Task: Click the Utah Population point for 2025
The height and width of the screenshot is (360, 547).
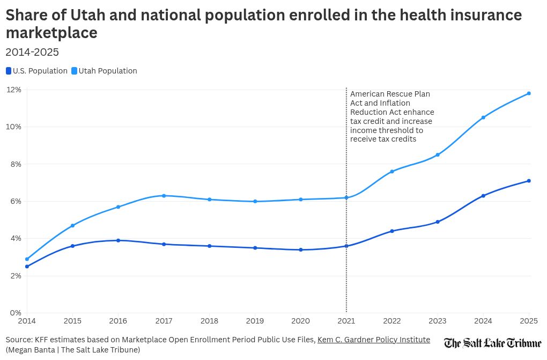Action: (529, 93)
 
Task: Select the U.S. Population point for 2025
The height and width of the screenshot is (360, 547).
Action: (529, 181)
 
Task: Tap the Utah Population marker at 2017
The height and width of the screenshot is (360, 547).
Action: (164, 196)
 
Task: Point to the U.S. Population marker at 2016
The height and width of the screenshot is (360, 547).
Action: (118, 240)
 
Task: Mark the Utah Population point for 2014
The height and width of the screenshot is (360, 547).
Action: (27, 259)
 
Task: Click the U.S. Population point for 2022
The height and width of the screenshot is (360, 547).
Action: (392, 231)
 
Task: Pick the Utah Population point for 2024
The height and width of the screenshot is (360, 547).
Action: (483, 117)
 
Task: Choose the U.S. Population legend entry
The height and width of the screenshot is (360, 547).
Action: (37, 71)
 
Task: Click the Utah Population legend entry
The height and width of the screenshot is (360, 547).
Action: (105, 71)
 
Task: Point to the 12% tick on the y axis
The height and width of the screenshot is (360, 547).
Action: (14, 90)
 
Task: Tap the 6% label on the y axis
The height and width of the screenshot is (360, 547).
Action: (16, 201)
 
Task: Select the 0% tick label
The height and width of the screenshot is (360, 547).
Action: (16, 313)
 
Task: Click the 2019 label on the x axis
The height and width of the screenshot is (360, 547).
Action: (255, 321)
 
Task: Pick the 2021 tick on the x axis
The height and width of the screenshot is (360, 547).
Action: (346, 321)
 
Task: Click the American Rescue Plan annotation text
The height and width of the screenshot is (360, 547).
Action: (392, 116)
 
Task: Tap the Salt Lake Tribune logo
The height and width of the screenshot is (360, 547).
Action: (492, 343)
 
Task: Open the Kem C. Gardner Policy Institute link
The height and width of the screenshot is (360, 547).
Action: (373, 340)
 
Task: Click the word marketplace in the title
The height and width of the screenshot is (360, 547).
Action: (51, 33)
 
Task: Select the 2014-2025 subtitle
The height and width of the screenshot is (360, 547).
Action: (32, 52)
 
